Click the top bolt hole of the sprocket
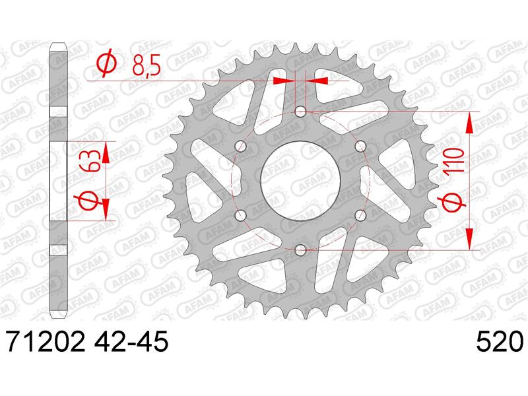300,112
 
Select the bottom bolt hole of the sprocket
300,250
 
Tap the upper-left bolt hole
240,146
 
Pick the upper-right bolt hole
360,146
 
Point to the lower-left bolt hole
240,215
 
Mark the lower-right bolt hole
360,215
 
